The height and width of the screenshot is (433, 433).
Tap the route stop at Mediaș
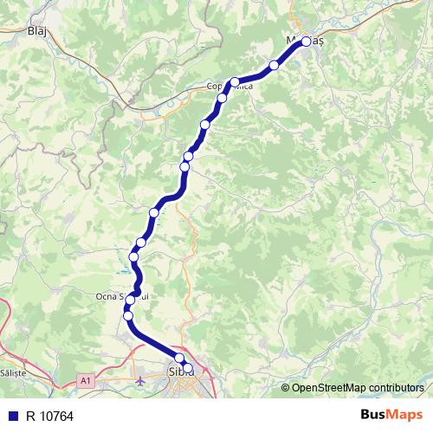306,42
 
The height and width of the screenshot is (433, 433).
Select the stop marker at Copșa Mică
235,82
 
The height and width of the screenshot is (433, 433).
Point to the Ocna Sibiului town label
123,295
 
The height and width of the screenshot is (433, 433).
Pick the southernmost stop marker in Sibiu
188,369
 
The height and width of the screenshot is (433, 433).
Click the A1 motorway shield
85,379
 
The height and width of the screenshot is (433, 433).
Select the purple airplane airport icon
142,378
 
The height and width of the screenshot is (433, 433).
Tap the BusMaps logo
391,415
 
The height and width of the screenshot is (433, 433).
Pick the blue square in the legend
11,416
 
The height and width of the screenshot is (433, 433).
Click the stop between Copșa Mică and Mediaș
275,65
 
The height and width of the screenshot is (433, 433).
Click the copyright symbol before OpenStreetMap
287,388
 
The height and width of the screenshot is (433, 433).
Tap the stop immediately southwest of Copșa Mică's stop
223,98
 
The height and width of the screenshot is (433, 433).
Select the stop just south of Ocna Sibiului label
128,315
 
